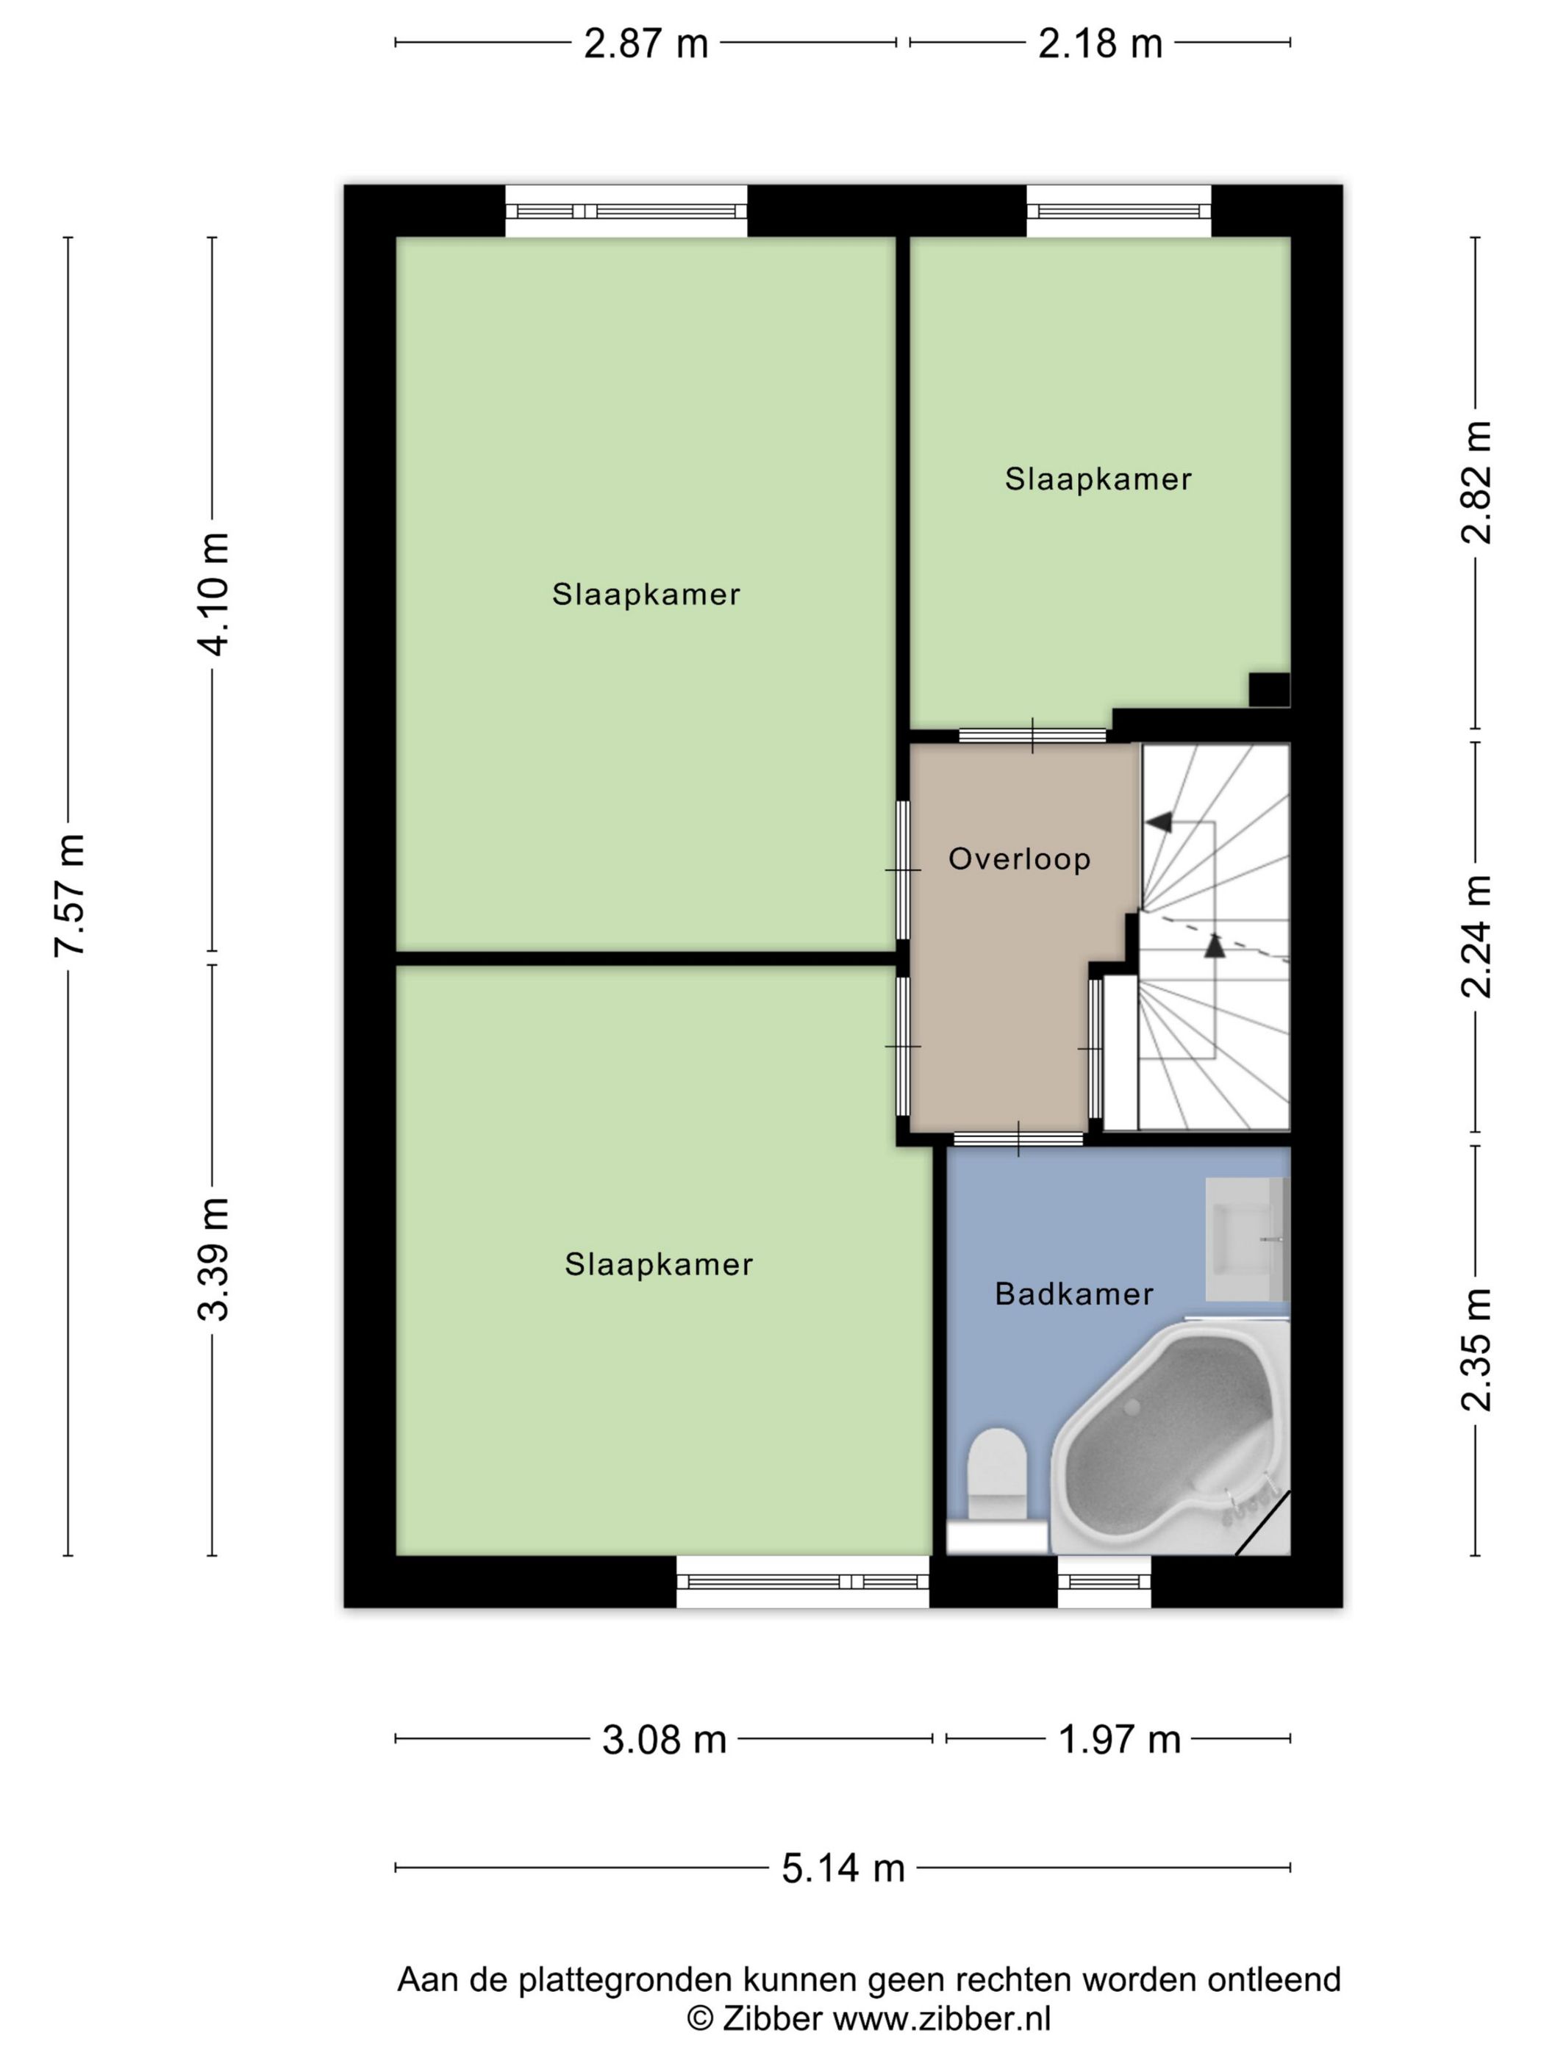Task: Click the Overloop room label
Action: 1019,858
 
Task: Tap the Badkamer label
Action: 1074,1293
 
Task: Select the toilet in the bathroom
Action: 997,1490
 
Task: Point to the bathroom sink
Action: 1247,1239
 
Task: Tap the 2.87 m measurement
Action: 646,43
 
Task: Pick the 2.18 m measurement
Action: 1100,43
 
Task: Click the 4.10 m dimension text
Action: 213,595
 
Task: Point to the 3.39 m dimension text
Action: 213,1259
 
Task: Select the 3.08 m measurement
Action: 664,1739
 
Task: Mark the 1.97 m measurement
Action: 1120,1739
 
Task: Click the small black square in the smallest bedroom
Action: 1270,690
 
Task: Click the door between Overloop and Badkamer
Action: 1018,1138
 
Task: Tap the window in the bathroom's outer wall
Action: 1105,1581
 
